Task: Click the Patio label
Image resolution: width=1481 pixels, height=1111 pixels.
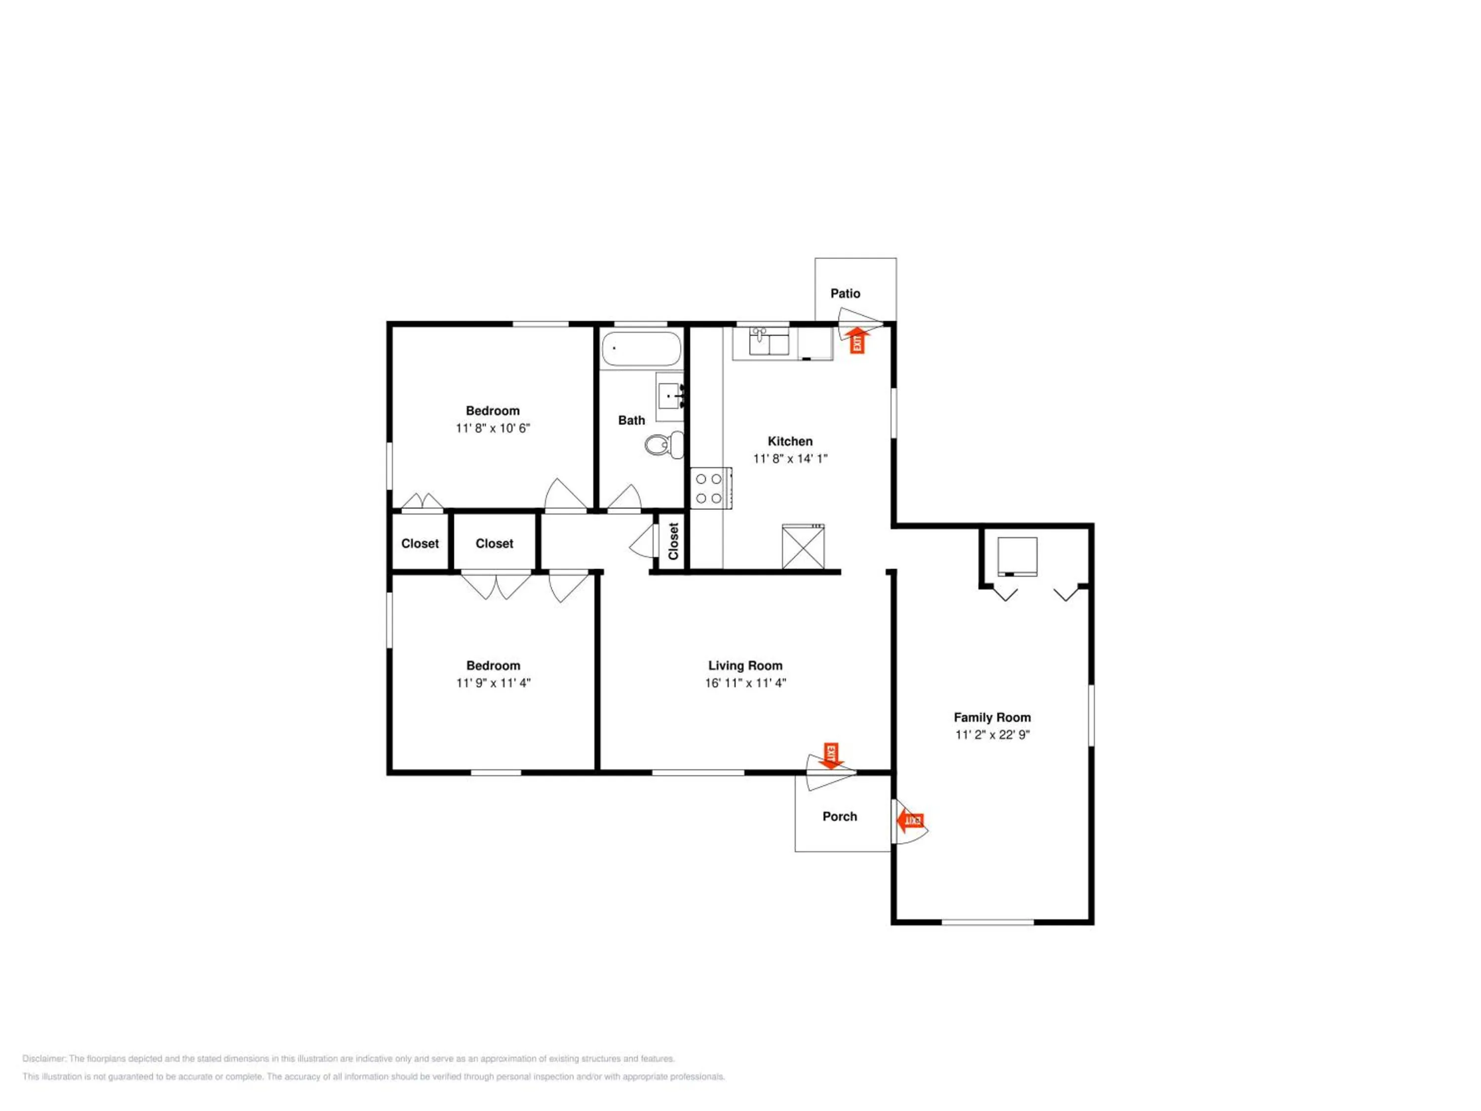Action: click(x=845, y=293)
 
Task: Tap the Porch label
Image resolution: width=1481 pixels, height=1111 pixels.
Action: click(x=840, y=816)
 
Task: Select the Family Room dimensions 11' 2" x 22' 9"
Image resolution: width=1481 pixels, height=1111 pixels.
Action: click(x=992, y=735)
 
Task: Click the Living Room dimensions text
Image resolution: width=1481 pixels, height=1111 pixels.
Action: click(x=745, y=683)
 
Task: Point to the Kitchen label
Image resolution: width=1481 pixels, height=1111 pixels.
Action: click(x=790, y=441)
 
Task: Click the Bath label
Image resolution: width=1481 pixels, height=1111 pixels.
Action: click(x=631, y=421)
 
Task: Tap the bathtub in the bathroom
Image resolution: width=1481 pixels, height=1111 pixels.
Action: click(x=641, y=349)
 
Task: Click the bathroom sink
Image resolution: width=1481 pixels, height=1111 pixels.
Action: click(x=669, y=397)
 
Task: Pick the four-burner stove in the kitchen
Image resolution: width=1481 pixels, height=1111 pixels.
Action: click(x=711, y=488)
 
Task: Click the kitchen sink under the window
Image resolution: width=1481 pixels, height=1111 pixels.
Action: click(x=769, y=342)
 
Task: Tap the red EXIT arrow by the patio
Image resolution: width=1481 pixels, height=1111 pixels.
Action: click(x=857, y=340)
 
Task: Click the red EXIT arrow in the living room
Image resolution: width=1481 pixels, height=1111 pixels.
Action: click(x=831, y=755)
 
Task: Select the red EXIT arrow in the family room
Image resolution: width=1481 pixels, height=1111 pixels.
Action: click(x=910, y=820)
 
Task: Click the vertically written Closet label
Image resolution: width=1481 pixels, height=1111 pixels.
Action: click(x=673, y=541)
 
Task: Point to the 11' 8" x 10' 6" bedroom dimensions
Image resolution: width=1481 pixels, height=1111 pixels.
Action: click(x=493, y=428)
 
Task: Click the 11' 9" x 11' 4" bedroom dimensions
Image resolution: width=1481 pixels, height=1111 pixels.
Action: click(x=494, y=683)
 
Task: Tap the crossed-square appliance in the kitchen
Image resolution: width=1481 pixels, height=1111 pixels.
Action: click(x=803, y=547)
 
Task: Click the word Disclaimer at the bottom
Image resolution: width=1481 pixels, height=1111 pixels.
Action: click(x=44, y=1059)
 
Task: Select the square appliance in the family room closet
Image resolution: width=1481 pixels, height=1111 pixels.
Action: click(x=1017, y=556)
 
